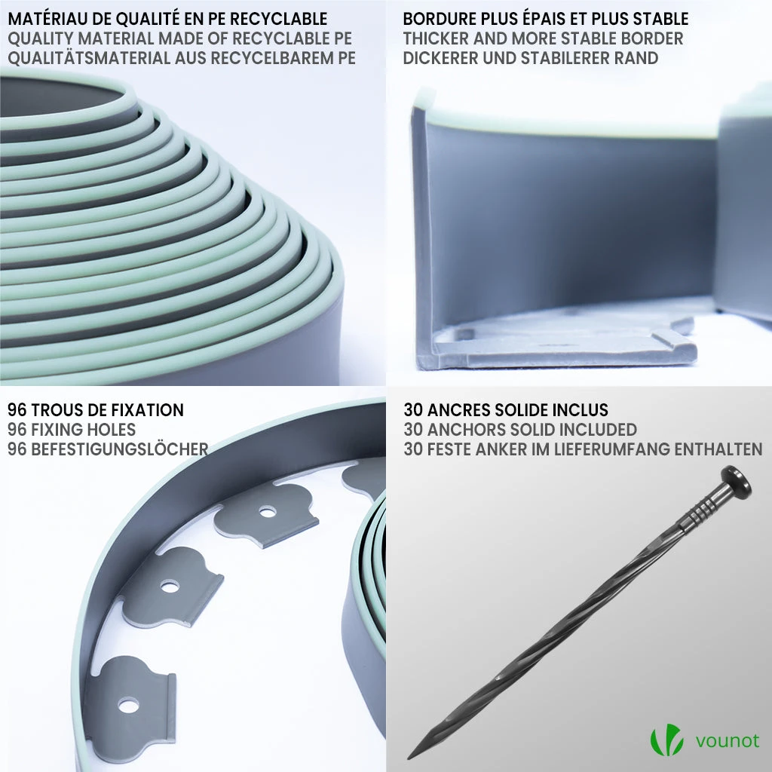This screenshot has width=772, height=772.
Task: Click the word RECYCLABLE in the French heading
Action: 279,19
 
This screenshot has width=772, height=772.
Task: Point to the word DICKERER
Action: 440,58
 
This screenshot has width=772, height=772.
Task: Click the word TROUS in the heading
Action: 60,410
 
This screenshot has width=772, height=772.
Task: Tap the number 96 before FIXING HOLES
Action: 17,430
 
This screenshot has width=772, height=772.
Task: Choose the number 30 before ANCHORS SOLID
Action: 413,430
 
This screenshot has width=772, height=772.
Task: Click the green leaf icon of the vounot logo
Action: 666,740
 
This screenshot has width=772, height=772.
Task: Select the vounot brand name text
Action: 728,741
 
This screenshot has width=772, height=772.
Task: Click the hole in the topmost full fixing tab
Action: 268,513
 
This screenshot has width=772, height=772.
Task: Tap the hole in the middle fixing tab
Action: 170,587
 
